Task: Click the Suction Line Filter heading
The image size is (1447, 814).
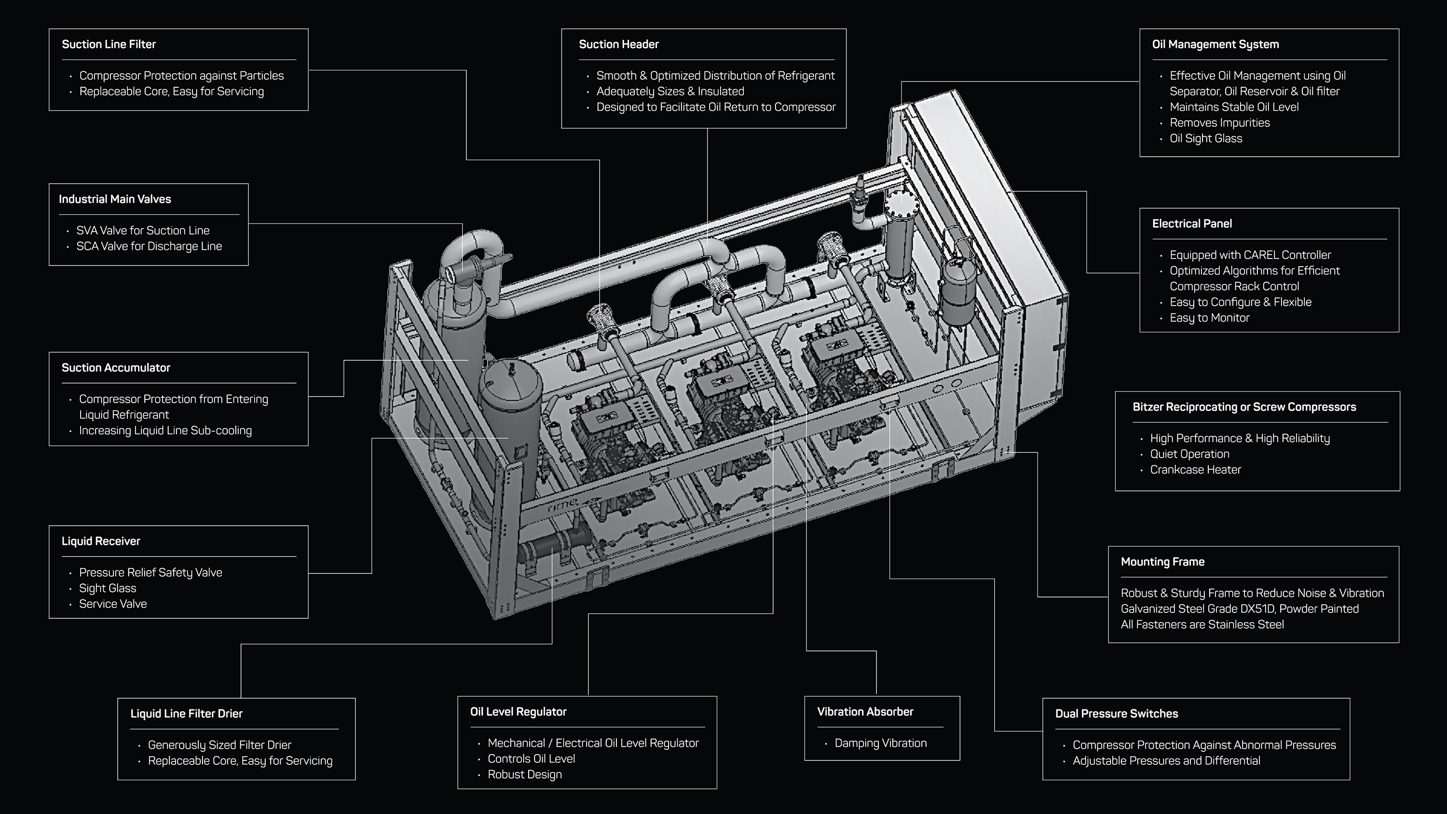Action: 109,44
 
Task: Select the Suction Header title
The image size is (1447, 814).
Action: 618,44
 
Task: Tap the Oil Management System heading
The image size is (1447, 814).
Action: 1215,44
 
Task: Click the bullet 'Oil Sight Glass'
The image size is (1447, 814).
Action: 1205,139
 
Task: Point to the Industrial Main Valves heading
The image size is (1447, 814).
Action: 115,200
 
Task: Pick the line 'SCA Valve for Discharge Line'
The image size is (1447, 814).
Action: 149,246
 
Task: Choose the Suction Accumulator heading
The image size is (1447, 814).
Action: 116,368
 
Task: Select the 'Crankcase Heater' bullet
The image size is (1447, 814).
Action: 1195,470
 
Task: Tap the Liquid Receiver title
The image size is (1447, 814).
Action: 100,542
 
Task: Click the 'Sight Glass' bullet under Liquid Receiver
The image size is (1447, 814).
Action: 107,588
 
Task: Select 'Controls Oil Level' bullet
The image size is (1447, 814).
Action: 531,759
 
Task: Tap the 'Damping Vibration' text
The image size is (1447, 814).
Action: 880,743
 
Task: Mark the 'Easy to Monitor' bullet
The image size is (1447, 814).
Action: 1209,318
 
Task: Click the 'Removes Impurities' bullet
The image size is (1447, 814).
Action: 1219,123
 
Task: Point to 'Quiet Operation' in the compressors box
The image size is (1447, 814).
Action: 1189,454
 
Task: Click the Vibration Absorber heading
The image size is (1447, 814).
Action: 865,712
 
